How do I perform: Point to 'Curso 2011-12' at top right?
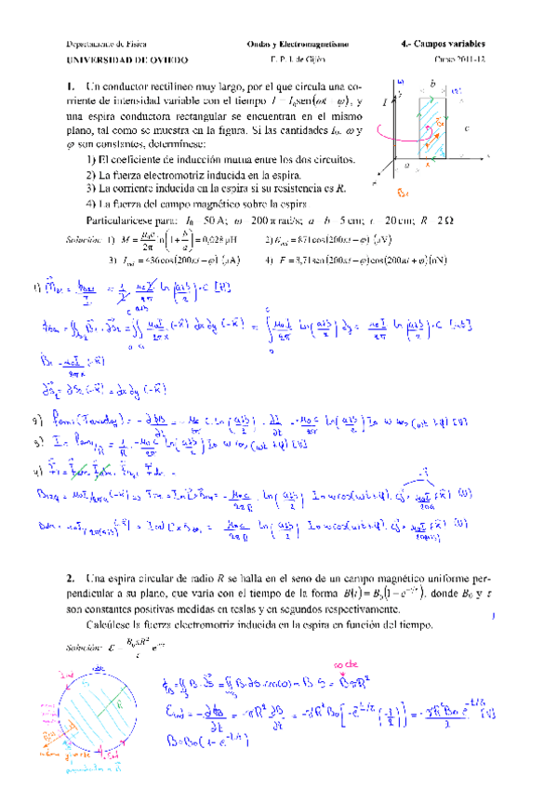[x=459, y=59]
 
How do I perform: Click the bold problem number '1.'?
[x=71, y=87]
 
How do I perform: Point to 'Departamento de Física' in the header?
[x=106, y=43]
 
